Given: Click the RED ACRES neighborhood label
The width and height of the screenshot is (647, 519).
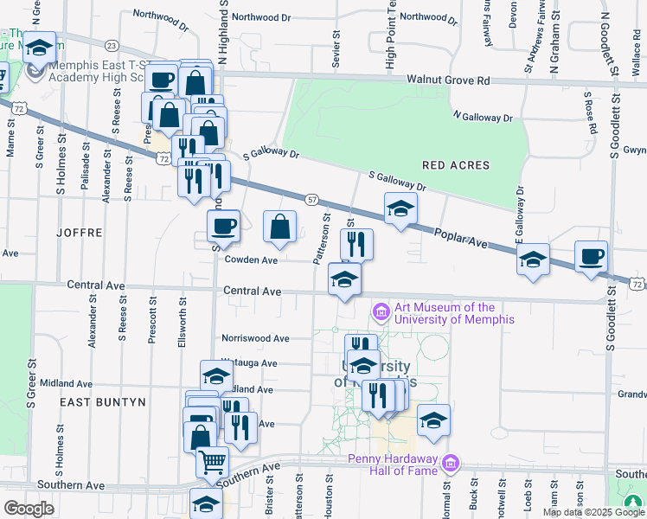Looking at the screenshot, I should [x=456, y=165].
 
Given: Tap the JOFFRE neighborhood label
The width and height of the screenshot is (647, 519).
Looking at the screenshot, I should [x=80, y=233].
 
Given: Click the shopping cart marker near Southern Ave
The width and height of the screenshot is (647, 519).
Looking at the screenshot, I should [x=213, y=460].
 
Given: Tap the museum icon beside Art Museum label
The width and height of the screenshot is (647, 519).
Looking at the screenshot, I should [x=380, y=311].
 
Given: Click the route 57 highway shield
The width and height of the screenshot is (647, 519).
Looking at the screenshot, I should [x=311, y=199].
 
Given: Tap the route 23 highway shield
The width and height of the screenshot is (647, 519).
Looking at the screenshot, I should [x=112, y=45].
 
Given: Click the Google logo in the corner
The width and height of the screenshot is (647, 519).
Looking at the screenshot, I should [x=28, y=508].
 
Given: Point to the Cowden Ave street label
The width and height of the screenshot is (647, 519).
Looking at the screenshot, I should [x=251, y=259].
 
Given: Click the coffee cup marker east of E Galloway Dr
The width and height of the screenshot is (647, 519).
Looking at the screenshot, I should [x=592, y=256].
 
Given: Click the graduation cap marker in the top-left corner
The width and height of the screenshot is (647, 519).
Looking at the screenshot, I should [x=39, y=47].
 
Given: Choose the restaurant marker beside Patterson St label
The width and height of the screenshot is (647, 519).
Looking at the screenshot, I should [x=357, y=244].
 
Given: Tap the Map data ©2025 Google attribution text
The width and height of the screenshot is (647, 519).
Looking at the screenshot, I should [x=593, y=512].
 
